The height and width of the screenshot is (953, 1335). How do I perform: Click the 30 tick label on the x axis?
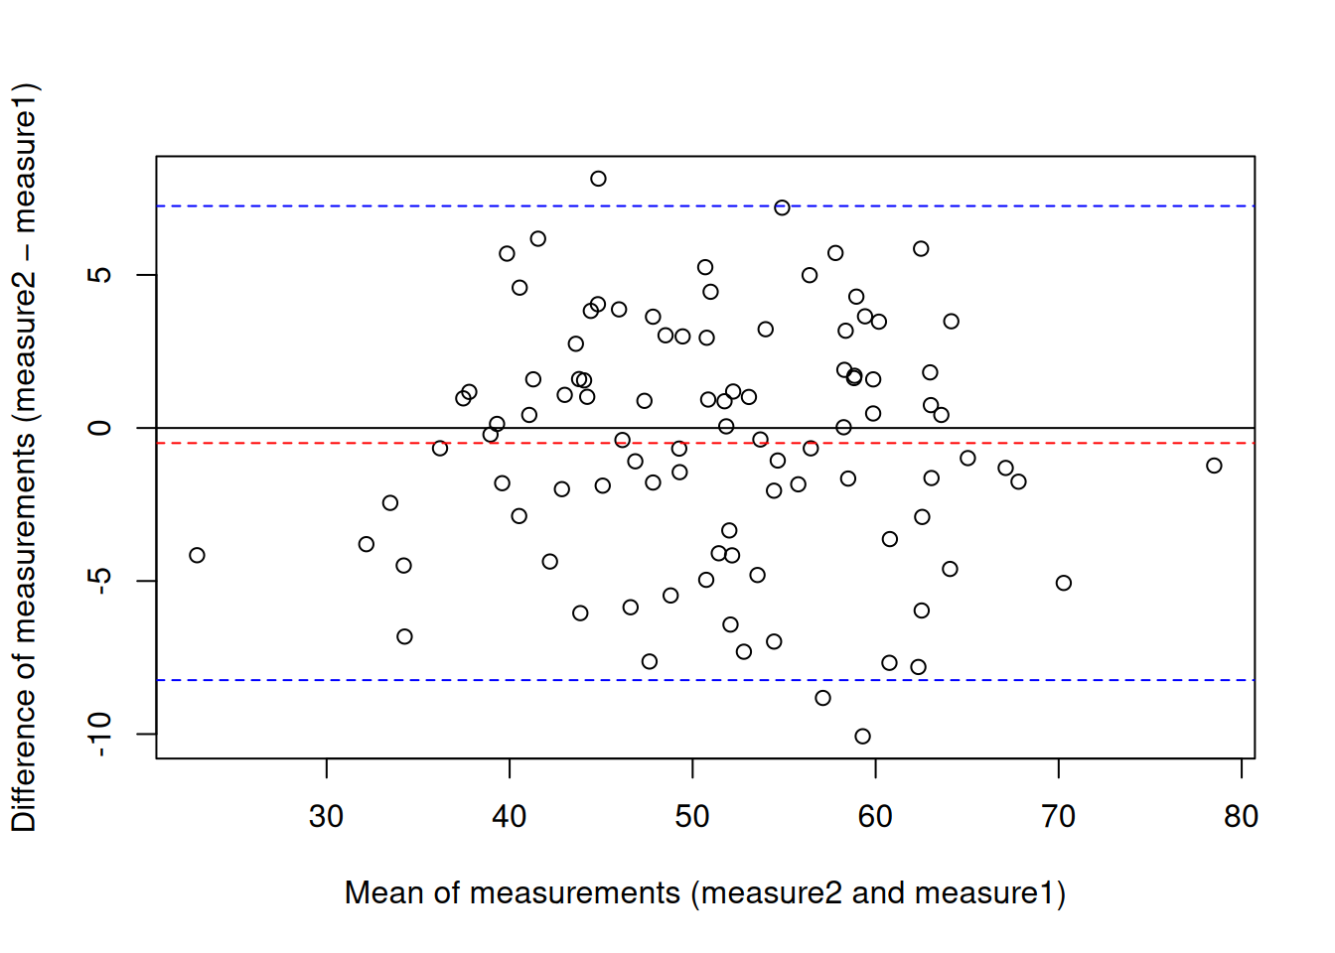(x=326, y=817)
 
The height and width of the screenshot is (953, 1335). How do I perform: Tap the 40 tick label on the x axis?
(x=509, y=817)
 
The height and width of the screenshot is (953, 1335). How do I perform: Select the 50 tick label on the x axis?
(x=692, y=817)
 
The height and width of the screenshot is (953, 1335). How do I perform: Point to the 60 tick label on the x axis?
(x=875, y=817)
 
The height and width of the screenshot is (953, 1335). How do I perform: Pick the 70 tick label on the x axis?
(x=1058, y=817)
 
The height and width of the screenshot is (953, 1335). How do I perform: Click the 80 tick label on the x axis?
(x=1241, y=817)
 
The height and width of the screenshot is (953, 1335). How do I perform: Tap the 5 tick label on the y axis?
(x=100, y=275)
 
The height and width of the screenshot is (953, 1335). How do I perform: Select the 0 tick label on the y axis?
(x=100, y=428)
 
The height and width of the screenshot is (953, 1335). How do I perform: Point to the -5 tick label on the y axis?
(x=100, y=581)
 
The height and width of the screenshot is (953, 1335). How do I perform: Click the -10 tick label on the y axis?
(x=100, y=734)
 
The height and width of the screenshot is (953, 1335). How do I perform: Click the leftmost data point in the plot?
(x=197, y=555)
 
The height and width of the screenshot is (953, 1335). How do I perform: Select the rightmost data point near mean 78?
(x=1214, y=466)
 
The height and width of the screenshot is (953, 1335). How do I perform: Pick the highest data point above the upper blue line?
(x=598, y=179)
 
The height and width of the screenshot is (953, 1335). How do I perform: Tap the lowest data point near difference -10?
(x=862, y=737)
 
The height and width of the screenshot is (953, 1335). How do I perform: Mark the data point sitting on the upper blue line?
(x=782, y=207)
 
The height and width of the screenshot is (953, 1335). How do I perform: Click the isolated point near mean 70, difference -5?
(x=1064, y=583)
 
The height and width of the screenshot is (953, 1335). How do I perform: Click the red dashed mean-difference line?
(x=298, y=443)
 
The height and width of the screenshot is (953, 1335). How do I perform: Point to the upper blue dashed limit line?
(x=298, y=206)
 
